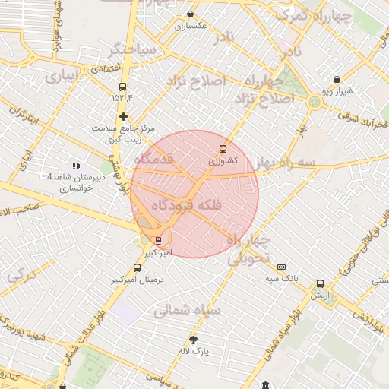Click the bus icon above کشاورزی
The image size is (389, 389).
223,149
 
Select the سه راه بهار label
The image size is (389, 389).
296,163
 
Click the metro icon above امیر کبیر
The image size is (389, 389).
159,241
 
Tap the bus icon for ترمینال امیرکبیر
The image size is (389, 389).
137,267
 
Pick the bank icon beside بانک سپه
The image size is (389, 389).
281,267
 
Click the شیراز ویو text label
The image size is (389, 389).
337,90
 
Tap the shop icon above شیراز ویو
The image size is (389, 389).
337,79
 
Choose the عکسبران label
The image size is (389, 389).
191,27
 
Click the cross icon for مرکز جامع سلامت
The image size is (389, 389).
124,116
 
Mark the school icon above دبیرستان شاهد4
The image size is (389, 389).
75,165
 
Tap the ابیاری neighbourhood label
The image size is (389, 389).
61,77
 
